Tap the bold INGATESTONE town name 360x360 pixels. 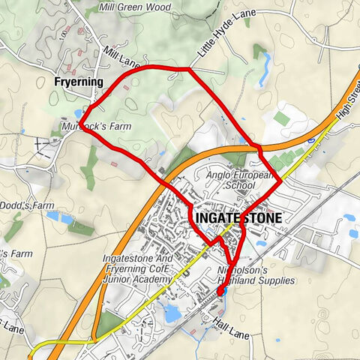pyautogui.click(x=238, y=218)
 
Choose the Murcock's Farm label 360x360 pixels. pyautogui.click(x=96, y=127)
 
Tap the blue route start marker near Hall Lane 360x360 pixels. pyautogui.click(x=221, y=291)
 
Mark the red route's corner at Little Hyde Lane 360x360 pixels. pyautogui.click(x=187, y=70)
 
